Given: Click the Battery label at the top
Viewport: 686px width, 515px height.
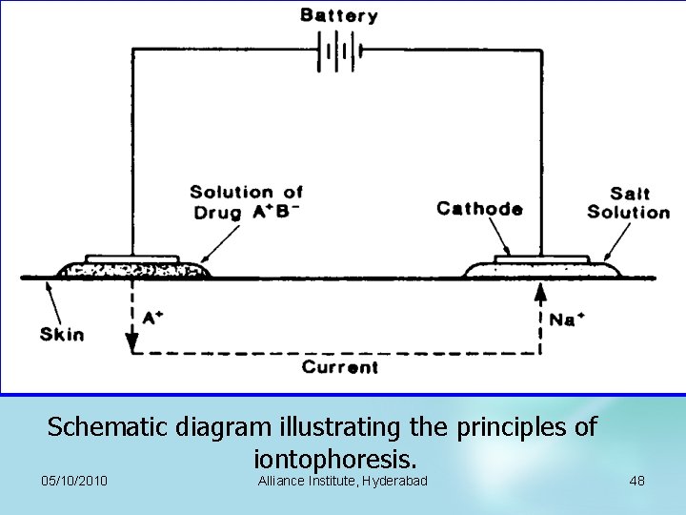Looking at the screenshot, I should [x=339, y=15].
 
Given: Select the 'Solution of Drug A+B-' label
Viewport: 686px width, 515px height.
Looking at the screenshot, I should [x=246, y=202].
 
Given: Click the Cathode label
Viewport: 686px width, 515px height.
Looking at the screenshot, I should [x=479, y=209].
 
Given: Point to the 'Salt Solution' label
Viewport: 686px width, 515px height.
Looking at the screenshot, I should [x=628, y=203].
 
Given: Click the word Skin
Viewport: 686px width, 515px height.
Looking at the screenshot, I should [x=62, y=334].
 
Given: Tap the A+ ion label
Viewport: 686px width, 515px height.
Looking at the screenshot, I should [x=151, y=318].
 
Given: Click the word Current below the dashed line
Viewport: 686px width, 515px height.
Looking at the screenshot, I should [x=339, y=367].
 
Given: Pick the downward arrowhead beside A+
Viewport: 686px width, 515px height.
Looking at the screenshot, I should [x=131, y=335].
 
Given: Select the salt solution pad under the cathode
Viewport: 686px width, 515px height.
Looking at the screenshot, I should [x=541, y=269].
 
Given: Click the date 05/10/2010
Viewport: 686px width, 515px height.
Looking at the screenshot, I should [x=75, y=481].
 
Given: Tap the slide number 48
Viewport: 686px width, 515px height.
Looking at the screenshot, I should [x=636, y=481].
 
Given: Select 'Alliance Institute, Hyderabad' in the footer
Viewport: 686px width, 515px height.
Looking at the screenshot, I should [x=342, y=481].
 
